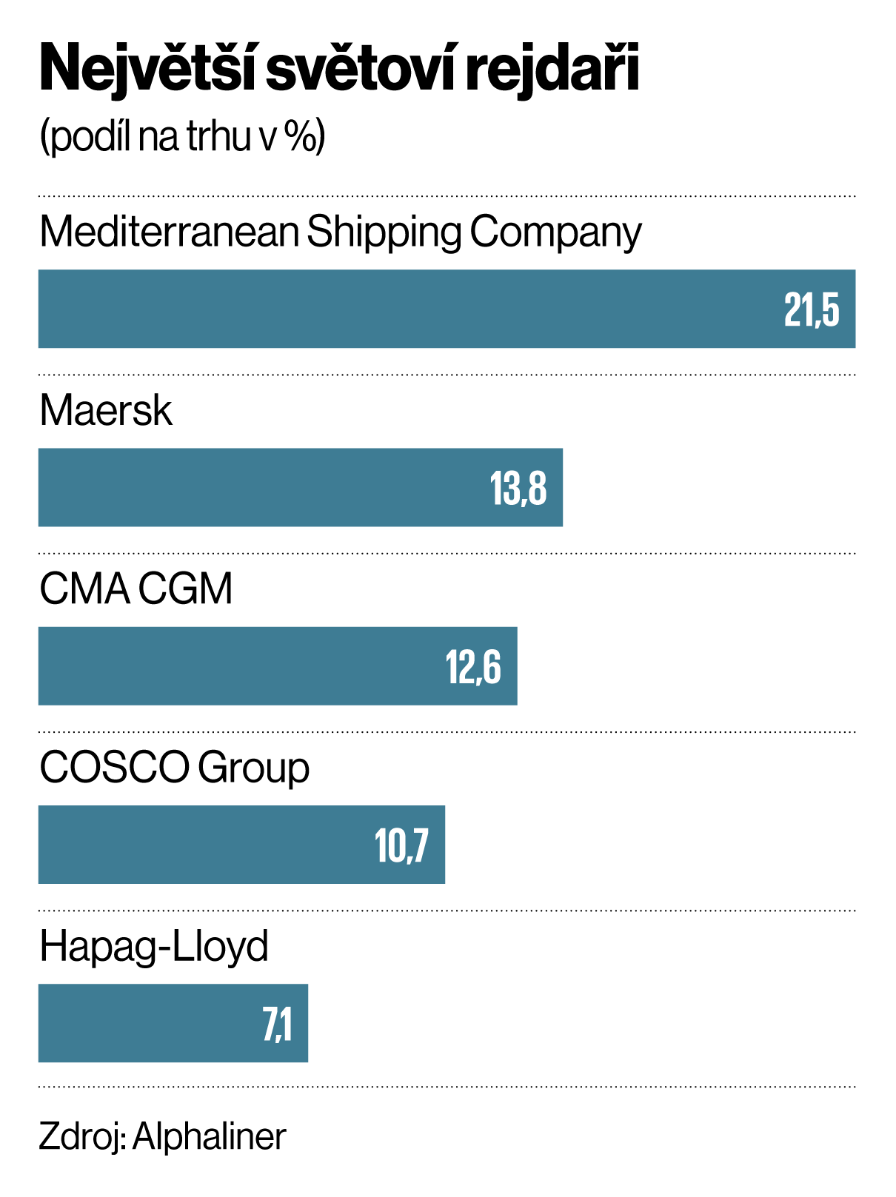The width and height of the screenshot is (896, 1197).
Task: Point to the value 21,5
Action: (812, 309)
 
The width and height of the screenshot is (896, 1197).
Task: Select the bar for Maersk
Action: (259, 488)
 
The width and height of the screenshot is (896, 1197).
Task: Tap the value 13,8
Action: (518, 489)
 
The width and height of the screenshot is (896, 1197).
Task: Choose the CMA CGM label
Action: (136, 589)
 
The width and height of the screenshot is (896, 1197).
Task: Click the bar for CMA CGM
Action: (237, 666)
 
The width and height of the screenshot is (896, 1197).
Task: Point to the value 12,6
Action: (473, 667)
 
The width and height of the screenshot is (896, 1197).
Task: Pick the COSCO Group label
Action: (174, 768)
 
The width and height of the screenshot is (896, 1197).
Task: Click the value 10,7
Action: (401, 845)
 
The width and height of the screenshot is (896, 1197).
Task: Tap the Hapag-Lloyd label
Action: (154, 946)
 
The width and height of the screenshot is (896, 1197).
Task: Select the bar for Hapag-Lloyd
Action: (148, 1023)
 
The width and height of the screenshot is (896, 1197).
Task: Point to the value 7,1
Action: (278, 1025)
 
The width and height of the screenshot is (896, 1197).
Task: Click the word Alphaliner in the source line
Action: (210, 1136)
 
